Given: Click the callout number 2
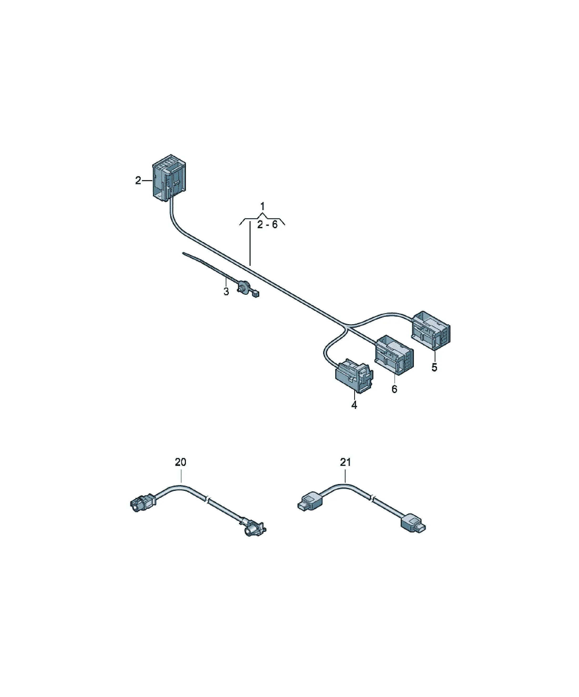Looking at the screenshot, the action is [x=138, y=181].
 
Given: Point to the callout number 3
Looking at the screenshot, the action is [x=226, y=292].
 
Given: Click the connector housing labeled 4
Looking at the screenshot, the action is [x=354, y=375].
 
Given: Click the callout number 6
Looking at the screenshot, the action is [x=394, y=389].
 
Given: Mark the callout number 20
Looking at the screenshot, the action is [x=181, y=462].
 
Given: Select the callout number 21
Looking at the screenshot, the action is [x=345, y=462].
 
